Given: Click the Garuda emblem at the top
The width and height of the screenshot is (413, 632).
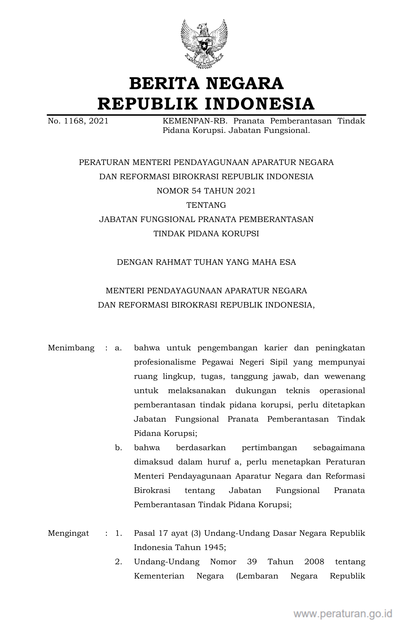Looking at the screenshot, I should click(204, 44).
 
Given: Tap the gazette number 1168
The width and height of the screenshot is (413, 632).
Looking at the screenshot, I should click(73, 121).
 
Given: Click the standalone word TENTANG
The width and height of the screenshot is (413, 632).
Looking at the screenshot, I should click(206, 205).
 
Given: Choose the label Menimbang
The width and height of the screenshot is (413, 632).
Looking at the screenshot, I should click(71, 348).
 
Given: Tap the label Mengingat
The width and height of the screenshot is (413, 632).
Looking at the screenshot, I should click(68, 533).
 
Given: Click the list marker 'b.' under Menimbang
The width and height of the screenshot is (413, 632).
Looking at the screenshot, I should click(119, 448).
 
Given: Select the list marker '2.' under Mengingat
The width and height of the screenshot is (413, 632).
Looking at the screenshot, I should click(119, 562).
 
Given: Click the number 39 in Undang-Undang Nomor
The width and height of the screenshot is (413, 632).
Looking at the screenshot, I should click(252, 562).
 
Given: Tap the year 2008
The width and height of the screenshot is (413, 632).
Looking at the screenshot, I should click(314, 562).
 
